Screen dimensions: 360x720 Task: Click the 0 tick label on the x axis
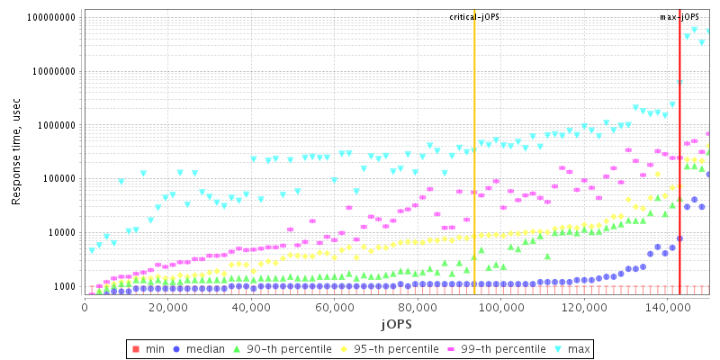tap(85, 308)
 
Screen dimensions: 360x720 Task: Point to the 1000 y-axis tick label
tap(65, 286)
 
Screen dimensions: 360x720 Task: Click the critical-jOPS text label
tap(474, 17)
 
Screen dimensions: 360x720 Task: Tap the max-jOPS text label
tap(679, 17)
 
